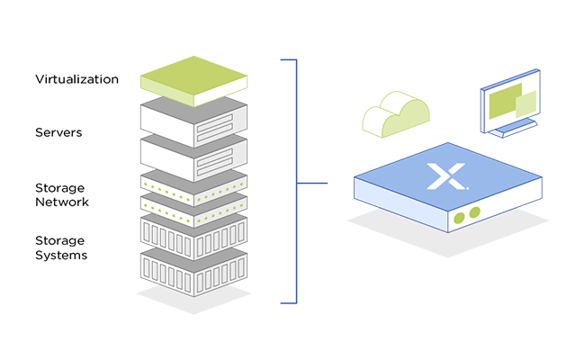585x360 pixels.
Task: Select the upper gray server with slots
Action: coord(193,115)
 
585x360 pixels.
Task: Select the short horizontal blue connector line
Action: coord(312,184)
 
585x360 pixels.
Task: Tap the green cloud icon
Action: coord(395,113)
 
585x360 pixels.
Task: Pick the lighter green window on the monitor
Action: coord(525,104)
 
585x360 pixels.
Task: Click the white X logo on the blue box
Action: coord(443,175)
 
